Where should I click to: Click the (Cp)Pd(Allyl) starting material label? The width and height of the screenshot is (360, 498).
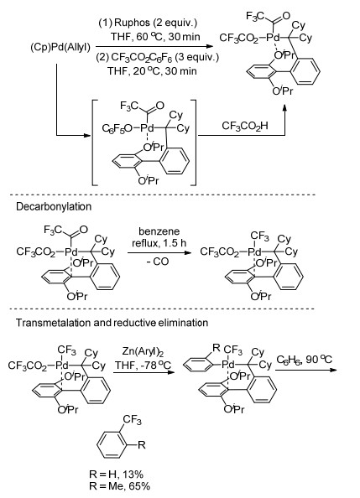point(60,48)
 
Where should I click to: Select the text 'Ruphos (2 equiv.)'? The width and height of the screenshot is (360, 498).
point(156,23)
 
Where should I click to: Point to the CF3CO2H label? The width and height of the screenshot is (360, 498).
point(245,126)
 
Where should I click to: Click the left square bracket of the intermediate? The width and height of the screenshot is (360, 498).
point(94,143)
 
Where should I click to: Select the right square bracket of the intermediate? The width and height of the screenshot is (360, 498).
point(194,143)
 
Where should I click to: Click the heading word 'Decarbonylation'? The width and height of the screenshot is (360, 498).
point(54,207)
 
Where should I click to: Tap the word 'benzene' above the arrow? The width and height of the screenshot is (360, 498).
point(159,231)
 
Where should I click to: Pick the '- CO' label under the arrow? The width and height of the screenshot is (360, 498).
point(158,262)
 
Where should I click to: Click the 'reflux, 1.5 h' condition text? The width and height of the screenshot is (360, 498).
point(159,244)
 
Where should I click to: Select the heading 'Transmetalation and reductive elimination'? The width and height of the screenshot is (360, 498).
point(112,323)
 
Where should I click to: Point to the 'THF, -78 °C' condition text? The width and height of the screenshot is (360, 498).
point(143,365)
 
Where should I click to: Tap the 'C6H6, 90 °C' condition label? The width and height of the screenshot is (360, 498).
point(305,360)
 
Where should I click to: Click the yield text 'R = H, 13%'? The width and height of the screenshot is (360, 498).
point(117,475)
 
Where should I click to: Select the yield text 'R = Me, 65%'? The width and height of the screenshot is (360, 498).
point(120,486)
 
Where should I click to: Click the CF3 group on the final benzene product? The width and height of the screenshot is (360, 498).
point(132,421)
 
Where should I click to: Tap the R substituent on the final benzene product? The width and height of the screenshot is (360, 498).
point(142,444)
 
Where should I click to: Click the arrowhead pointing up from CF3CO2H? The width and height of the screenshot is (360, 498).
point(284,109)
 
